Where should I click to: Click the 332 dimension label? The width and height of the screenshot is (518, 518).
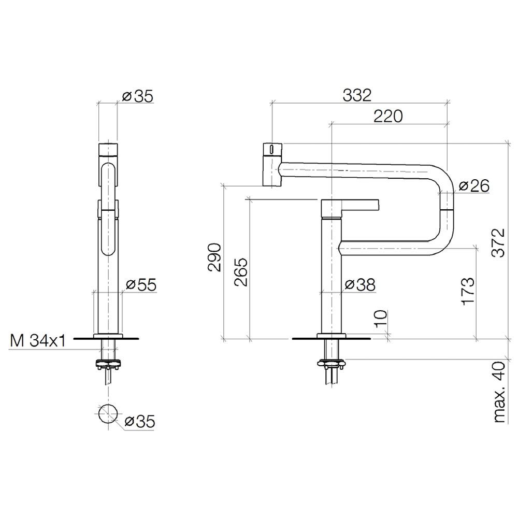tap(357, 95)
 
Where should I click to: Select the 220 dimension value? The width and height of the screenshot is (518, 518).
tap(388, 116)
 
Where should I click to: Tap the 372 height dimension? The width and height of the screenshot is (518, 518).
tap(498, 242)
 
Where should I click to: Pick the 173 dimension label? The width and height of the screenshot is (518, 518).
tap(468, 291)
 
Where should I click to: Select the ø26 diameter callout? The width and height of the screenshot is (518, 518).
tap(474, 186)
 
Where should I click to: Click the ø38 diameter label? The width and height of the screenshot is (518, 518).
tap(360, 284)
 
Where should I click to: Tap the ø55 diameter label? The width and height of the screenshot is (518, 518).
tap(141, 285)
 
